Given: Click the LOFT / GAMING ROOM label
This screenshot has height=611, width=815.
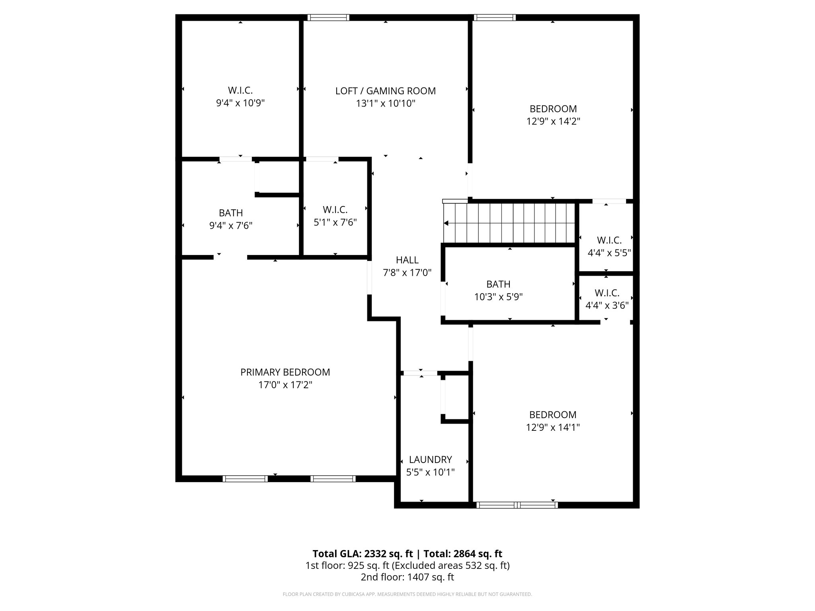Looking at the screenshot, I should coord(385,91).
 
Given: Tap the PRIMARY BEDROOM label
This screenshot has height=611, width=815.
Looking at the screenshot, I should coord(285,372).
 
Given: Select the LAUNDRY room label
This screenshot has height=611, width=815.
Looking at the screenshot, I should coord(430,460).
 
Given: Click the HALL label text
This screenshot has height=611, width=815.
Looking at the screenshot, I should coord(407,260).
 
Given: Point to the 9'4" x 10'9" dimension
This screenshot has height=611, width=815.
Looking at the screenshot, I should coord(240,103).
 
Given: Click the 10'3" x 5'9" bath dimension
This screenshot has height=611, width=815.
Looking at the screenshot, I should coord(498,297).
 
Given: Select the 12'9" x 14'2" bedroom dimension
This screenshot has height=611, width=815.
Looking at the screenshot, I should coord(553,122).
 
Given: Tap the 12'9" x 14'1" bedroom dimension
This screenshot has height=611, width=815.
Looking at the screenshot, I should coord(552,428).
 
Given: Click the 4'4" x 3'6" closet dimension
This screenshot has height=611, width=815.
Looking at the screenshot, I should coord(607,306).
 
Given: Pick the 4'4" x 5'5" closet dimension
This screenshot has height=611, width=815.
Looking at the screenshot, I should coord(609,253).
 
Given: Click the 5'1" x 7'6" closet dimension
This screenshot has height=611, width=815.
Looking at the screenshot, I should coord(335,222).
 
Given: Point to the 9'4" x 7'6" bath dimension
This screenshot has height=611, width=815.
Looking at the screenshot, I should coord(231,226).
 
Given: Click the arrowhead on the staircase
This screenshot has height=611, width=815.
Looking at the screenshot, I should coord(446,224).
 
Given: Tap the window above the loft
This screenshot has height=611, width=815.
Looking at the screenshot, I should coord(328,18).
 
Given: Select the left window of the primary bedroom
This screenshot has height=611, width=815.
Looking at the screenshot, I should coord(245,479).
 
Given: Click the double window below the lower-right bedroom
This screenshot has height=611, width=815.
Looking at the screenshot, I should coord(517,505).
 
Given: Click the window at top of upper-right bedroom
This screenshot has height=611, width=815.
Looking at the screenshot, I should coord(494,18).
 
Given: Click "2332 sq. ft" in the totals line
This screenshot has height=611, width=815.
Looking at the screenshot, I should coord(386,554).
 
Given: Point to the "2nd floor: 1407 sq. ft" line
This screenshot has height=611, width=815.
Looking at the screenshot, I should coord(407,577).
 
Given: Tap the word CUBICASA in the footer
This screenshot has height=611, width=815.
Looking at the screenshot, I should coord(344,594).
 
